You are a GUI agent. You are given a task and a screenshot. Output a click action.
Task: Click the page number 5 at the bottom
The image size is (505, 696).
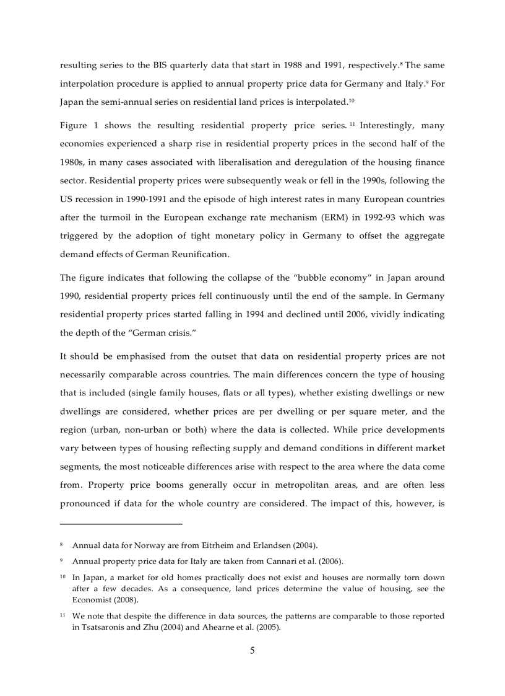pos(252,651)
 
